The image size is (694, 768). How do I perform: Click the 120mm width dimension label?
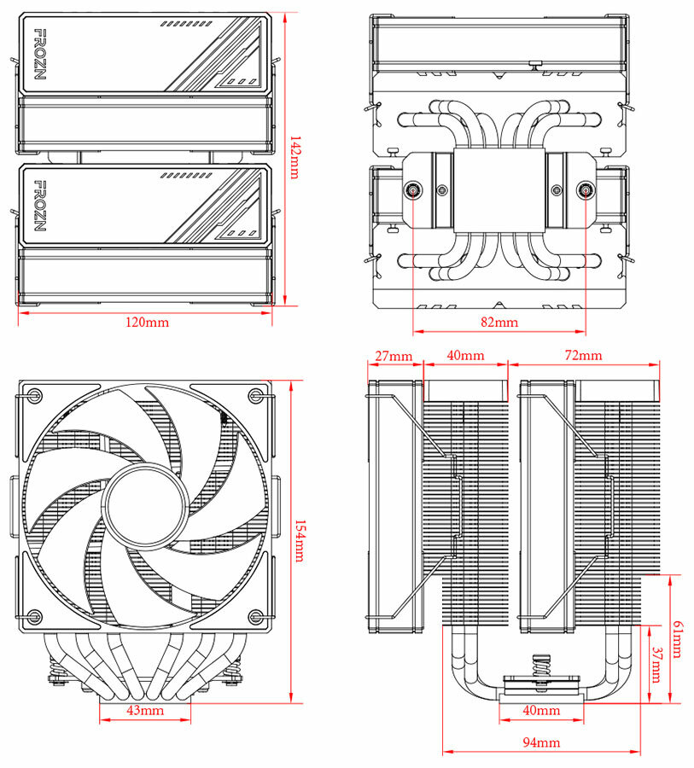(x=146, y=322)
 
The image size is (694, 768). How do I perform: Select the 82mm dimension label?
(x=499, y=322)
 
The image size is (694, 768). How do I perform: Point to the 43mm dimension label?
(x=145, y=710)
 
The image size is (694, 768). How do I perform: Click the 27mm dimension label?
(x=394, y=355)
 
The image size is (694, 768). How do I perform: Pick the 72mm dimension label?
(x=584, y=355)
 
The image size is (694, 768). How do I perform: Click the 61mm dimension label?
(x=677, y=639)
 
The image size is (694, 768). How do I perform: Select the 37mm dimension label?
(x=656, y=666)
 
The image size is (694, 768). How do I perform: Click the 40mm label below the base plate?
(x=540, y=710)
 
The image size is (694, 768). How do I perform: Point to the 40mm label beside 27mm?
(x=465, y=355)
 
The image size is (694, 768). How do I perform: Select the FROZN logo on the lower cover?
(x=39, y=205)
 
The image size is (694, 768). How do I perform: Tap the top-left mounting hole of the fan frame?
(x=34, y=395)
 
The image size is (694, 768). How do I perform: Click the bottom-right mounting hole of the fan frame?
(x=255, y=617)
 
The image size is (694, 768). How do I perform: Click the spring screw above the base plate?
(x=540, y=666)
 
